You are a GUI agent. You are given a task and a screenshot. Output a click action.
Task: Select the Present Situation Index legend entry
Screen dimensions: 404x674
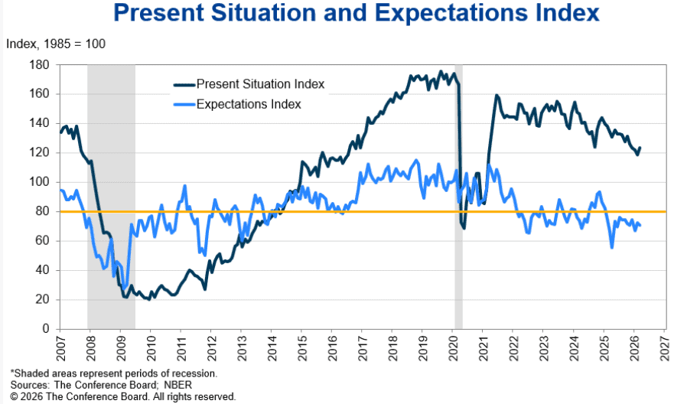260,83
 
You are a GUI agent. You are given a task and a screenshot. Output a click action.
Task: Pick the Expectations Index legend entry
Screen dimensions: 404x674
249,105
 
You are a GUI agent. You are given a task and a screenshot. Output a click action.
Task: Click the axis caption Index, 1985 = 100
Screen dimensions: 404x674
56,44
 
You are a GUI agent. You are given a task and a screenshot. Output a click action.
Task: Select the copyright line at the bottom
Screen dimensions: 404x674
123,396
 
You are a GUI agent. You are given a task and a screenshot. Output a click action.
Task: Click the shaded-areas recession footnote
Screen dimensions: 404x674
114,373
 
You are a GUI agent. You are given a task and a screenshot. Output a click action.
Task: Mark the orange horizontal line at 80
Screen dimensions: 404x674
344,211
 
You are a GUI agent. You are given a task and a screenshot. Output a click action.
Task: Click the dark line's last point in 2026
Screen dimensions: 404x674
640,148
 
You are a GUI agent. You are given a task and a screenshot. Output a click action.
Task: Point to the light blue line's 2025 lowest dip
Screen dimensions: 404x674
612,247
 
